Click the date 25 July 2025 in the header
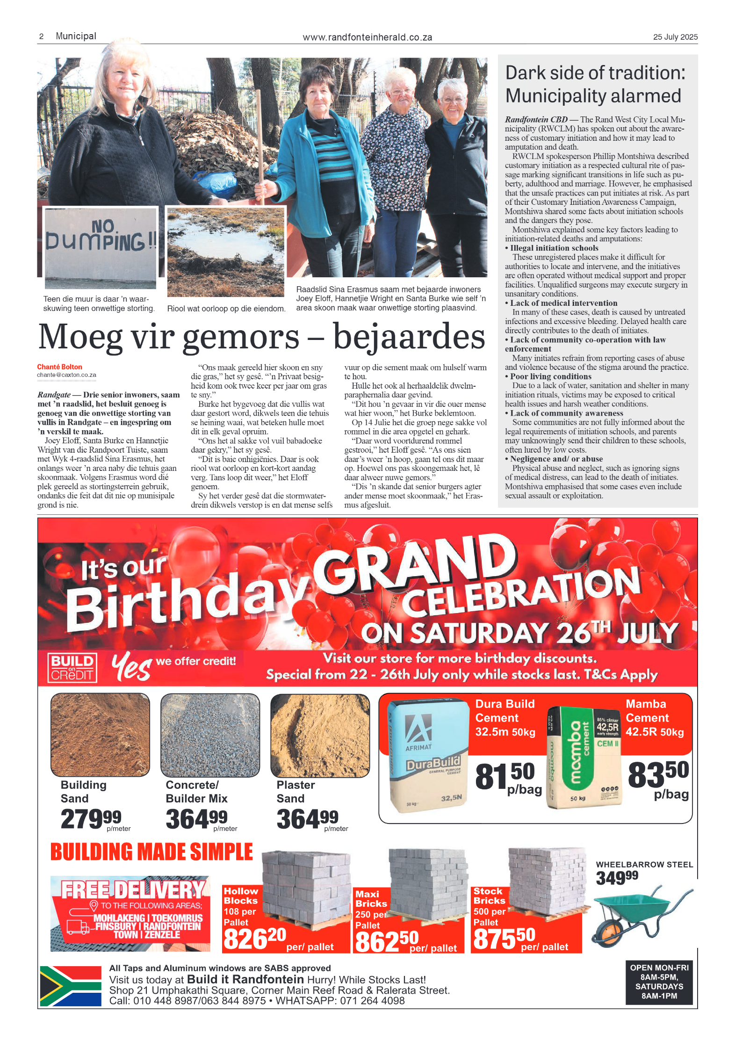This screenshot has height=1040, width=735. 675,37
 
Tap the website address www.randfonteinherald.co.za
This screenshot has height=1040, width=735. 367,37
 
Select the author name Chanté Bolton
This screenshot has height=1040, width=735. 59,367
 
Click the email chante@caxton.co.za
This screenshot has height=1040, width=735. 66,375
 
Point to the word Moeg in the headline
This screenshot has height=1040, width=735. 80,337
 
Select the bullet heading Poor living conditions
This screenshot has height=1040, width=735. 550,376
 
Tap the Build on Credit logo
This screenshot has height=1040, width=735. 72,667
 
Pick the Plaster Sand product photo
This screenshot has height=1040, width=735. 320,735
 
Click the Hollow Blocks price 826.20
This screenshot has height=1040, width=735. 255,939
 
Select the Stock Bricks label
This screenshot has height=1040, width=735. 489,896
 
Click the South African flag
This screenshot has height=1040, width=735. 71,986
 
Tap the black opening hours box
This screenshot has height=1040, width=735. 658,981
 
